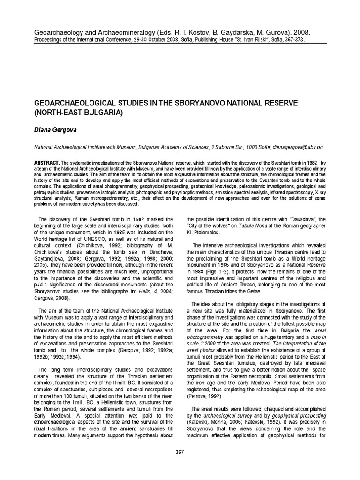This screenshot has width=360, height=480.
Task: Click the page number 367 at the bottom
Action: pyautogui.click(x=180, y=452)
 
